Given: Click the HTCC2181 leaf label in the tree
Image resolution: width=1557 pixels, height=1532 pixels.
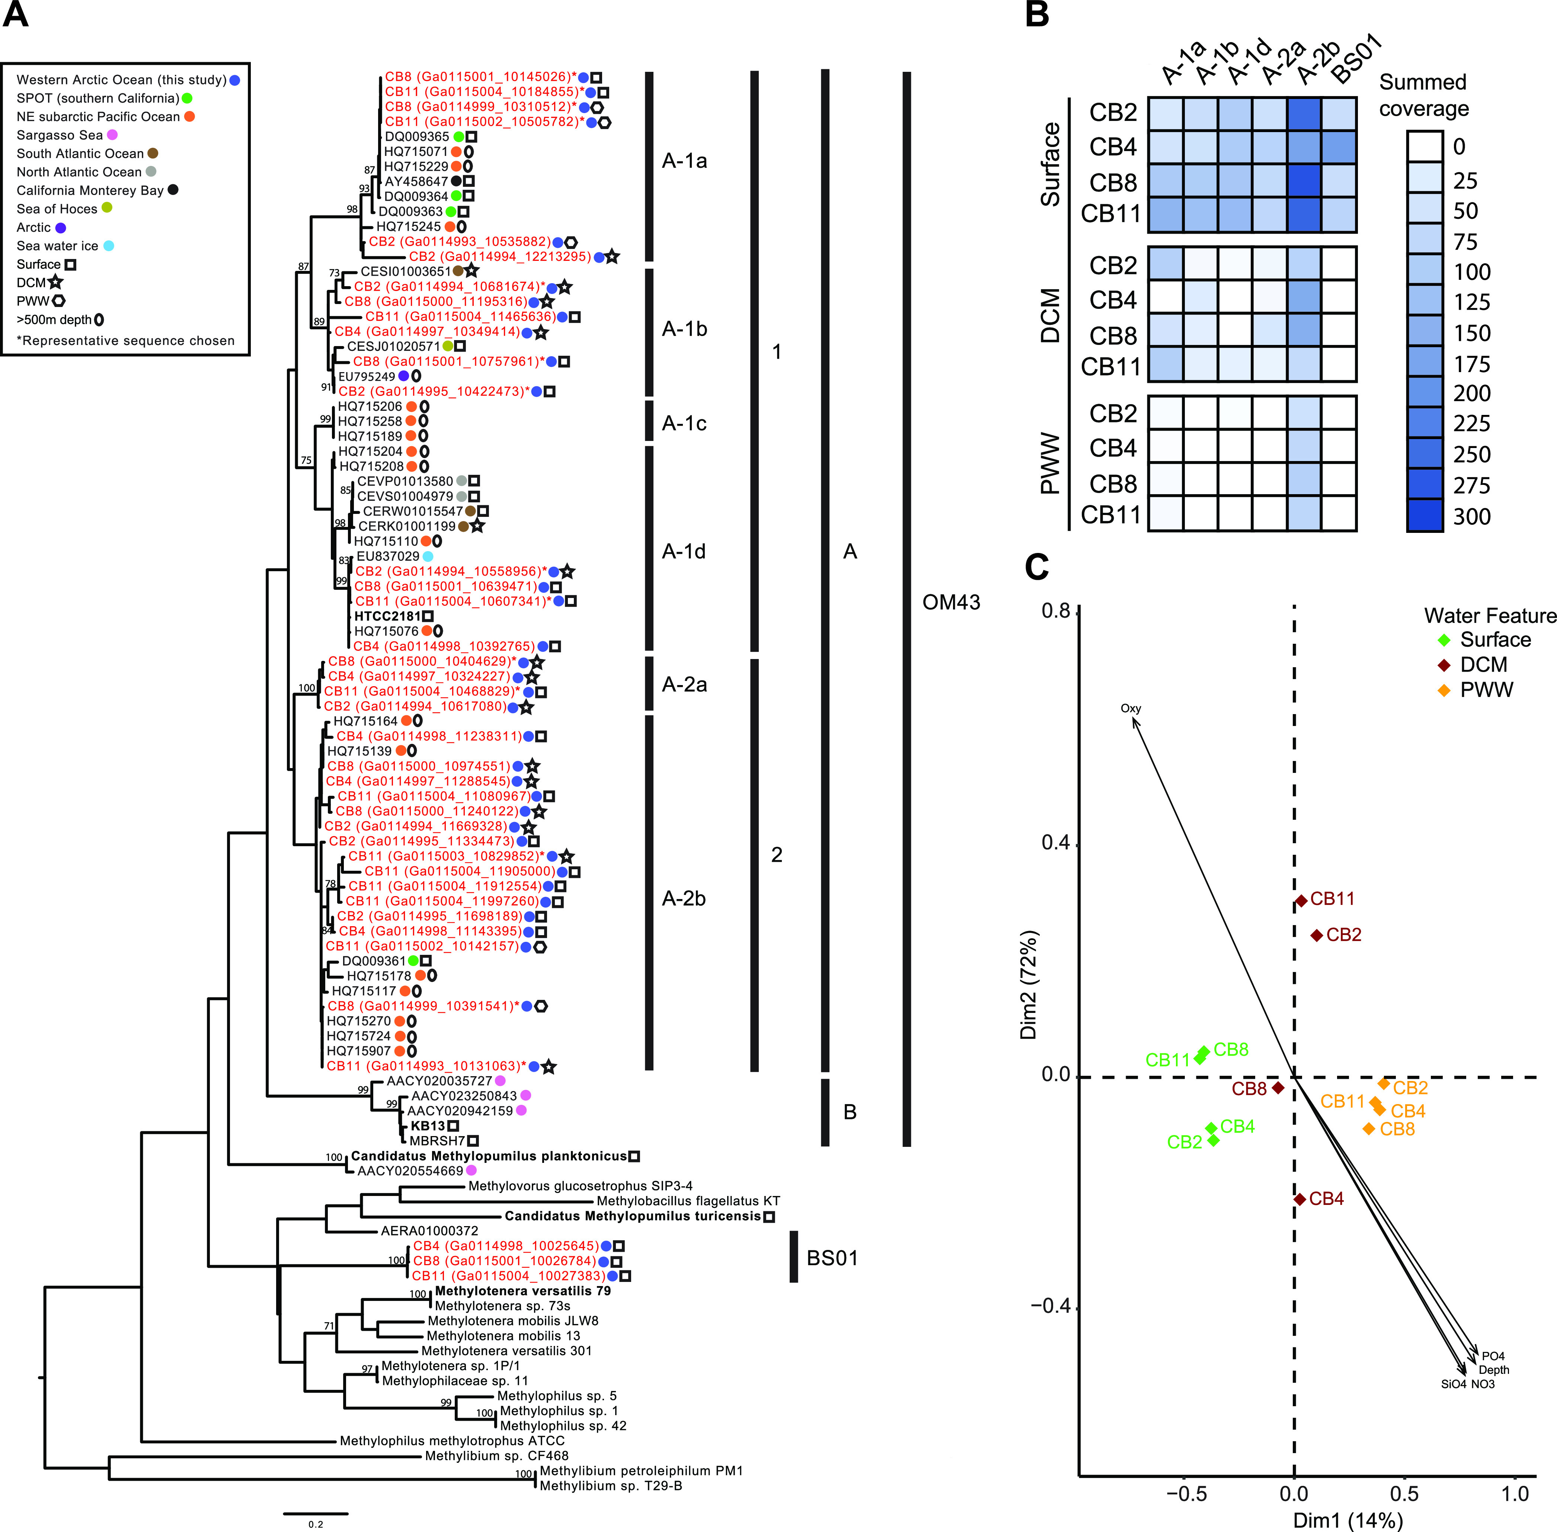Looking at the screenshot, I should coord(387,616).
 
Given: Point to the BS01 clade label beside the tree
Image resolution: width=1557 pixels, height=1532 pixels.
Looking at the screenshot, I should coord(832,1258).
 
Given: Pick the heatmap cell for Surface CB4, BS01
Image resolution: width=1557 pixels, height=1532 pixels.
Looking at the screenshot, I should coord(1339,147).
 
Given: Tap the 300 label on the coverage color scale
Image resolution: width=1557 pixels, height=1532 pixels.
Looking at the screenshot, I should coord(1472,516).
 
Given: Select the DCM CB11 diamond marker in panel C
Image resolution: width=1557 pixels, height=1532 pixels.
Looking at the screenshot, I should coord(1301,901).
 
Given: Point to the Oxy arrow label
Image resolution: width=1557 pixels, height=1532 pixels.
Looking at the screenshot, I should coord(1131,709).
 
